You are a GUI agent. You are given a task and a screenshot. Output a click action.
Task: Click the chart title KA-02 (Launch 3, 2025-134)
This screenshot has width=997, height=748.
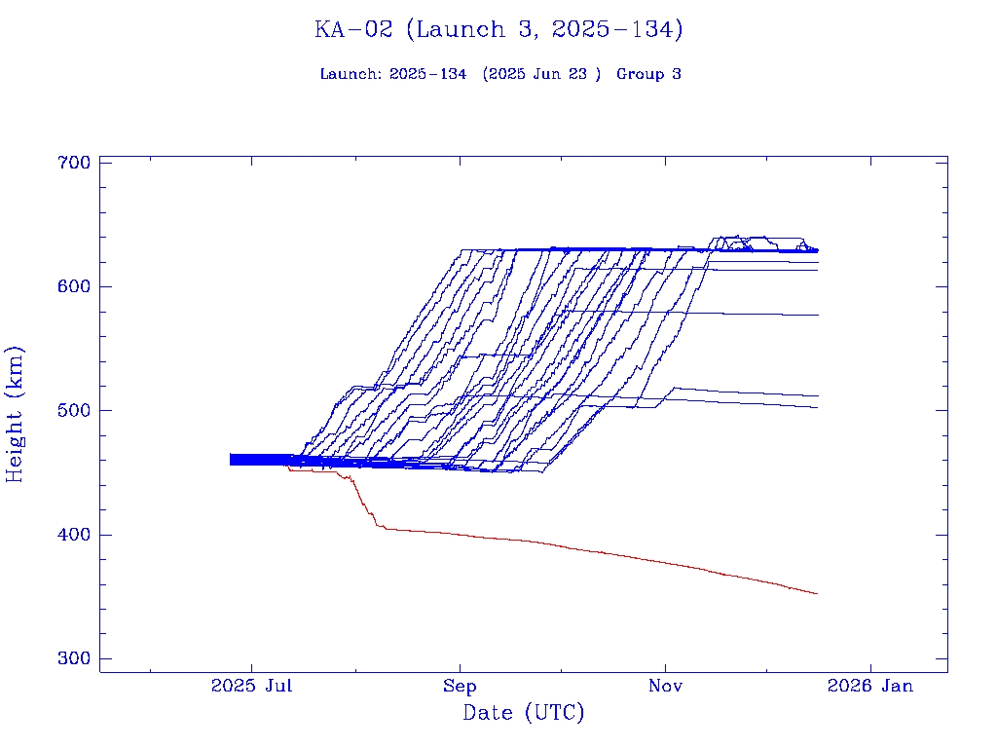click(x=498, y=29)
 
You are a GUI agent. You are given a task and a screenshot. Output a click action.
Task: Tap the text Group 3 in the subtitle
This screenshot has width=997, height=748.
click(x=648, y=74)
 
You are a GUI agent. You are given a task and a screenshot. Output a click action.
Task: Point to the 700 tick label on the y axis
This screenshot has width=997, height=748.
click(x=74, y=162)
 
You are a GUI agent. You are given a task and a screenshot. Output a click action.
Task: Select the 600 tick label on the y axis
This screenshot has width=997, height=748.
click(x=74, y=286)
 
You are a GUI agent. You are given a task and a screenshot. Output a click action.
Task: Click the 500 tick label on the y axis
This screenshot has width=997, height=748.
click(x=74, y=410)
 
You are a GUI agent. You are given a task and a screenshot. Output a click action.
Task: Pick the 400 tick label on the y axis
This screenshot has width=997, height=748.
click(x=74, y=535)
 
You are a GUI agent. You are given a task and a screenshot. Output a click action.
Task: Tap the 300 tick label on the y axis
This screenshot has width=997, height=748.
click(x=74, y=658)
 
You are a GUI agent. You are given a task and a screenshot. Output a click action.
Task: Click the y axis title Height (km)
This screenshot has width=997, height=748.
click(x=16, y=414)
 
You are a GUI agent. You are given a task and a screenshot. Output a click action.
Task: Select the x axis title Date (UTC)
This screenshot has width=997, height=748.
click(x=524, y=713)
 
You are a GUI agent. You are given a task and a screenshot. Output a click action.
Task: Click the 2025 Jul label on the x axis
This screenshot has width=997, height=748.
click(x=252, y=686)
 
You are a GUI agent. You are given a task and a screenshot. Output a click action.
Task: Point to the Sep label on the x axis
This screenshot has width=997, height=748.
click(x=460, y=686)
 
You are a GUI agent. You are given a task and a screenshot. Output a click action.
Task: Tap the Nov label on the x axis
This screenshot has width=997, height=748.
click(x=665, y=686)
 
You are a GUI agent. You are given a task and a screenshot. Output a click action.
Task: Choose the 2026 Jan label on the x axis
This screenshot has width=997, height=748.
click(x=870, y=686)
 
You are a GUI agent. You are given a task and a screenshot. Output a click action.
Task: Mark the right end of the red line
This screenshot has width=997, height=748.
click(x=817, y=593)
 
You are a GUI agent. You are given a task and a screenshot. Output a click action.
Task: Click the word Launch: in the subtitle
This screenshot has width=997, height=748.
click(x=351, y=74)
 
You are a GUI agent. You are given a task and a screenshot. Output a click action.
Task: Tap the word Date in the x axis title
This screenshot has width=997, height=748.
click(x=488, y=713)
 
